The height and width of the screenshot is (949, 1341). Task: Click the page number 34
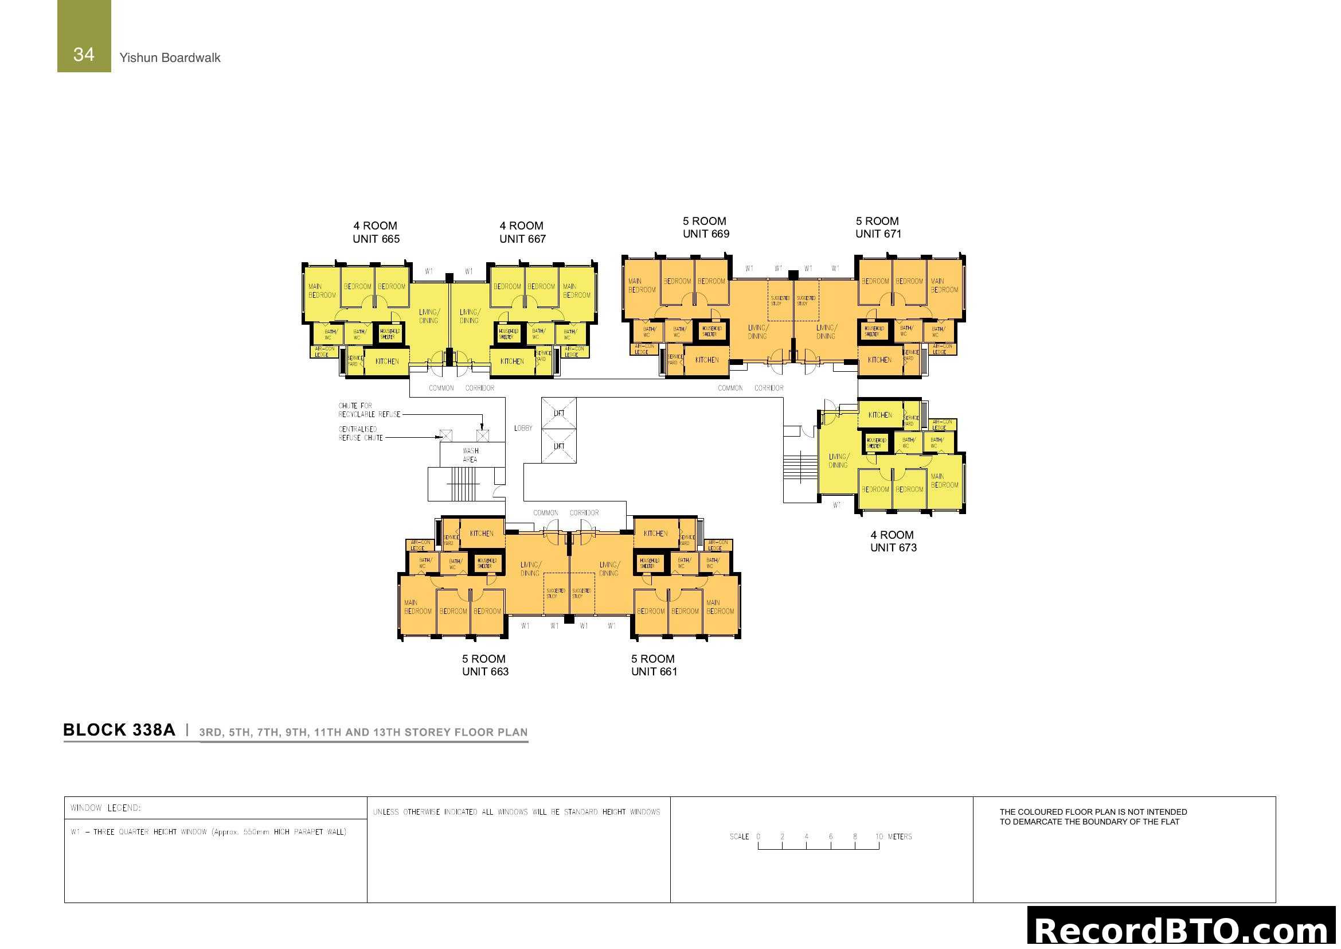click(x=84, y=55)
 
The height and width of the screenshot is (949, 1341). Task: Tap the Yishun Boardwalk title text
click(x=169, y=58)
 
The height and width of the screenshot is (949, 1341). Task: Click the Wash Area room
click(x=471, y=454)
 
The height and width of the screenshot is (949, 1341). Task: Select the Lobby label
click(x=523, y=429)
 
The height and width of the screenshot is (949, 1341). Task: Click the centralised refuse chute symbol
click(x=445, y=435)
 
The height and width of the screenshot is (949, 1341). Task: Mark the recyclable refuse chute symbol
click(x=482, y=435)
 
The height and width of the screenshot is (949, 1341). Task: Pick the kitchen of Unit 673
click(x=879, y=415)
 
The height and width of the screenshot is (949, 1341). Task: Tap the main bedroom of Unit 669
click(x=642, y=286)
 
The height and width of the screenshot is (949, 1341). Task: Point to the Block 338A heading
click(x=119, y=730)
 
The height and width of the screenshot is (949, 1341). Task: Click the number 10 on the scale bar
click(x=878, y=837)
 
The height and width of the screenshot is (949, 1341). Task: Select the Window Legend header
click(x=105, y=808)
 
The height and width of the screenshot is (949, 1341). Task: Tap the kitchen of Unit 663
click(x=481, y=534)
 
